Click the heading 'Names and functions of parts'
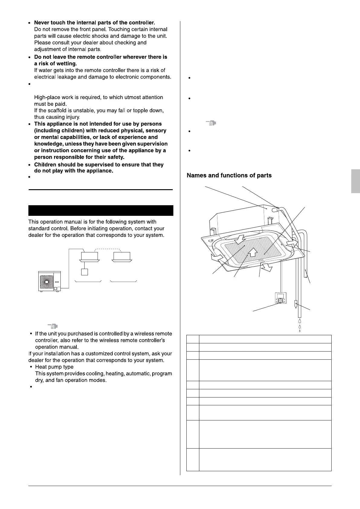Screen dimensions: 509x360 (229, 176)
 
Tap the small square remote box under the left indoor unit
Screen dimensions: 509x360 (85, 272)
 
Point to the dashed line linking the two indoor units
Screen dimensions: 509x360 (108, 249)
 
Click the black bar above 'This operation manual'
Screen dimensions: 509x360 (101, 210)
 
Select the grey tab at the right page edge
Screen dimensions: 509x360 (355, 181)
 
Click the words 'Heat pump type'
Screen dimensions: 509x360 (54, 367)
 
